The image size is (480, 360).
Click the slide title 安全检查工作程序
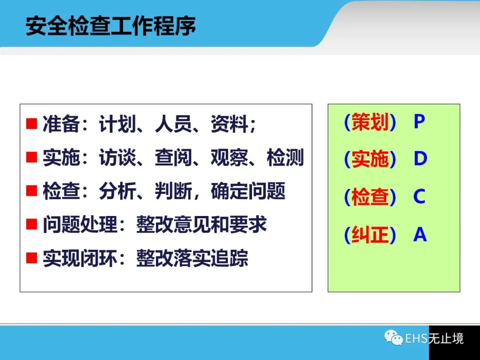click(111, 26)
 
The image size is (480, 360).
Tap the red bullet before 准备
click(32, 124)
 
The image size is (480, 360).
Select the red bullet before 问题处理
click(32, 224)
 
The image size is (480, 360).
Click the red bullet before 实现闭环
click(32, 258)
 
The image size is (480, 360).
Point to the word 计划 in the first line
click(117, 124)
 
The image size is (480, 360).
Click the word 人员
click(173, 124)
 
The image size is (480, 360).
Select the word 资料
click(229, 124)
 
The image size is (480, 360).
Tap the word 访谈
click(117, 157)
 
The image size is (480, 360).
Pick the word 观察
click(229, 157)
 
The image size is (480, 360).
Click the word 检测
click(285, 157)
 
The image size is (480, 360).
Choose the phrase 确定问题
click(248, 191)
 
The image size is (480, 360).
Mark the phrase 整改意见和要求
click(201, 224)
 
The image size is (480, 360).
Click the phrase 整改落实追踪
click(192, 258)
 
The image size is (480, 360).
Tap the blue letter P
click(420, 121)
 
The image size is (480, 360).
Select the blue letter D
click(420, 159)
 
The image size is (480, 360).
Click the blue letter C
click(420, 196)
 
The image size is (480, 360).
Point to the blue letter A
click(420, 234)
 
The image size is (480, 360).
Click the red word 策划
click(370, 121)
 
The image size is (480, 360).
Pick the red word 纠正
click(370, 235)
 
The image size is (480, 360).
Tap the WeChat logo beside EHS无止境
click(394, 338)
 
